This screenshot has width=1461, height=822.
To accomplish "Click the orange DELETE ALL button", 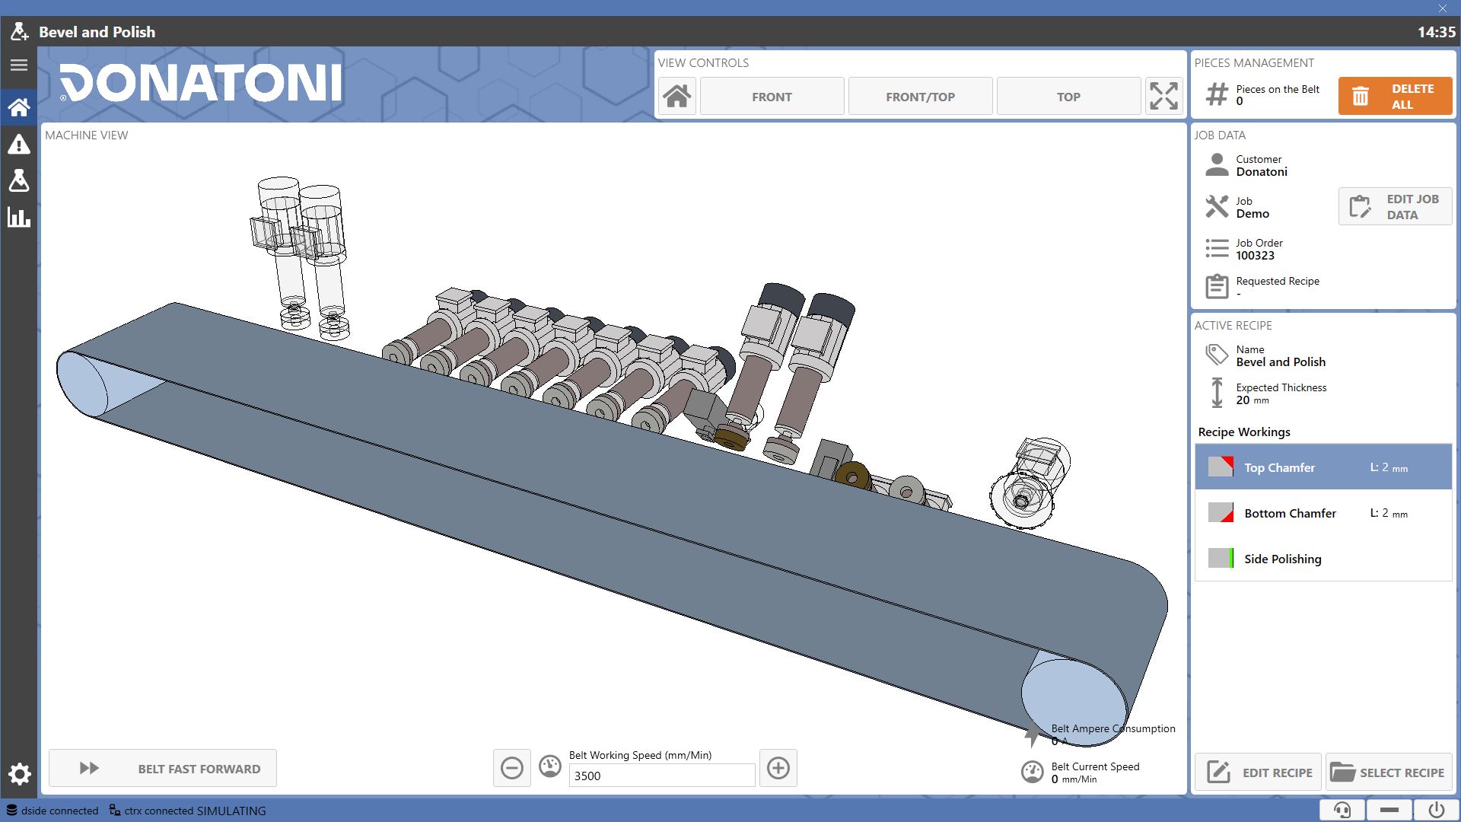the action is click(1395, 97).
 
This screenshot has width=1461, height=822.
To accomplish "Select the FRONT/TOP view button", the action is click(920, 97).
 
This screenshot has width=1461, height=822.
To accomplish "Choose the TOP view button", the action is click(1068, 97).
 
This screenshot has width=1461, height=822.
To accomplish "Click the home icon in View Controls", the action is click(677, 97).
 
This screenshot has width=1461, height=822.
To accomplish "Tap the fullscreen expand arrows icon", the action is click(1163, 97).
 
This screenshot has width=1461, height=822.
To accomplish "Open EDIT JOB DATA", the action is click(1395, 206).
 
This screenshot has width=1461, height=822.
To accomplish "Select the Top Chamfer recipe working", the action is click(1323, 467).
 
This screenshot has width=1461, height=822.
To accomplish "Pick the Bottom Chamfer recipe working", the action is click(1323, 513).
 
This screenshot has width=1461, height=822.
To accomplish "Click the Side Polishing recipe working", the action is click(1323, 559).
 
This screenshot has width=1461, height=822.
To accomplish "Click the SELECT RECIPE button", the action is click(1389, 773).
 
